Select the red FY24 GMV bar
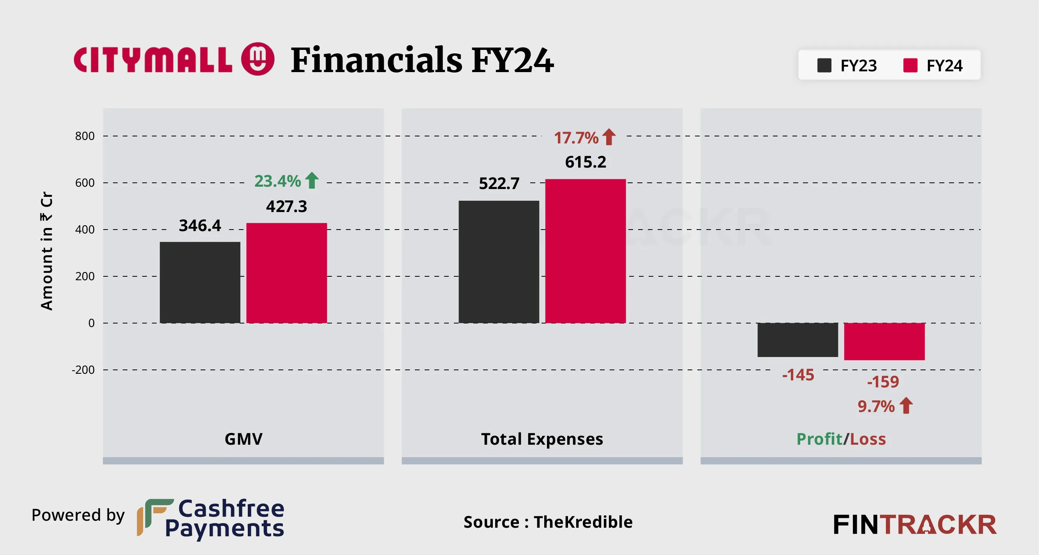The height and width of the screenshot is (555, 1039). pyautogui.click(x=286, y=273)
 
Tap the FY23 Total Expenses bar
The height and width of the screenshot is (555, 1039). pyautogui.click(x=499, y=262)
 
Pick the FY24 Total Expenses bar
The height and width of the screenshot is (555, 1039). pyautogui.click(x=585, y=251)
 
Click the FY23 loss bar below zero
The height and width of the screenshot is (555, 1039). pyautogui.click(x=797, y=340)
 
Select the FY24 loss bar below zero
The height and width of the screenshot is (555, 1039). pyautogui.click(x=884, y=341)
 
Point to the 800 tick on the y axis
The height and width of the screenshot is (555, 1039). pyautogui.click(x=85, y=136)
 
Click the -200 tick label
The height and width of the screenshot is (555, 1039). pyautogui.click(x=83, y=370)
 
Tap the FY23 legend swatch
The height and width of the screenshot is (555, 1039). pyautogui.click(x=824, y=65)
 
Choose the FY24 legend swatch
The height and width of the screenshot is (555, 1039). pyautogui.click(x=910, y=65)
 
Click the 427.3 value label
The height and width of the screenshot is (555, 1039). pyautogui.click(x=286, y=207)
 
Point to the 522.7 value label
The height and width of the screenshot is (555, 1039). pyautogui.click(x=499, y=184)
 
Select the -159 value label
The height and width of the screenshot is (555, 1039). pyautogui.click(x=883, y=382)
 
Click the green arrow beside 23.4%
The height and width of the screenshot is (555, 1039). pyautogui.click(x=312, y=180)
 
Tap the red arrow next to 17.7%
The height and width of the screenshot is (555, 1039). pyautogui.click(x=609, y=137)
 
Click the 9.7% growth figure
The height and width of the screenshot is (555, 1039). pyautogui.click(x=876, y=407)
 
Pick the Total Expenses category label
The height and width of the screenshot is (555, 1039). pyautogui.click(x=542, y=439)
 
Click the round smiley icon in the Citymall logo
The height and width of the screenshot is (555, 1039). pyautogui.click(x=258, y=59)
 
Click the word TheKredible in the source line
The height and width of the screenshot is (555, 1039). pyautogui.click(x=583, y=522)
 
